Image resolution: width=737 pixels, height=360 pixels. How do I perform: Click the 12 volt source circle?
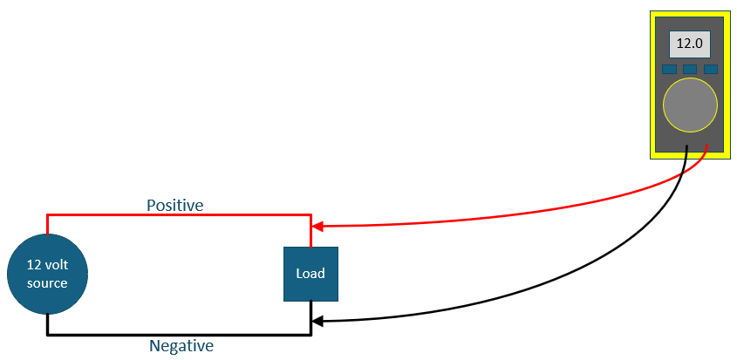point(47,274)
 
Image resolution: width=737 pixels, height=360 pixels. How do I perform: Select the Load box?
point(310,274)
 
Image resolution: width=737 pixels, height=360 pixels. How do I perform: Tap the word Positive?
point(174,206)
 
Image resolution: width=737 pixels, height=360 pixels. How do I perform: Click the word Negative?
point(181,346)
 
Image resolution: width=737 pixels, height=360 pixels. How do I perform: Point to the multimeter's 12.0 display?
point(690,44)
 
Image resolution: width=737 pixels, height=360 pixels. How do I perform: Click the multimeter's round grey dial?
point(690,105)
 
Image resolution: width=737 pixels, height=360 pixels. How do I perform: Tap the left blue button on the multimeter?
point(669,69)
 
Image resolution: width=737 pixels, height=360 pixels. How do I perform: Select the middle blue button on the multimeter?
point(690,69)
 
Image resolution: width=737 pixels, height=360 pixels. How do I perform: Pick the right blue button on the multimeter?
point(711,69)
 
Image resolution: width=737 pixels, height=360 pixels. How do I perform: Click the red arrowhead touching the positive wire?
point(317,227)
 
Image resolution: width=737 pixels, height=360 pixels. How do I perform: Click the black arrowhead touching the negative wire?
point(317,322)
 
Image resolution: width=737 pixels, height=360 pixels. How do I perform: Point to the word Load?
point(310,274)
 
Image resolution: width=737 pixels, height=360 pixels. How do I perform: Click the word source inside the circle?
point(47,283)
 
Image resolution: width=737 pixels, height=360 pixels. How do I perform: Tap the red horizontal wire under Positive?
point(179,215)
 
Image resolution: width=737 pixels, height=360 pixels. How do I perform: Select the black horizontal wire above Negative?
point(179,335)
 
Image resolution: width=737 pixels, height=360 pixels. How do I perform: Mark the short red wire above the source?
point(47,225)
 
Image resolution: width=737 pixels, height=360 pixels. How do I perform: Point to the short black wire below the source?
point(47,324)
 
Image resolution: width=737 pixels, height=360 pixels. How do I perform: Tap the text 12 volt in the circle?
point(47,265)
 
